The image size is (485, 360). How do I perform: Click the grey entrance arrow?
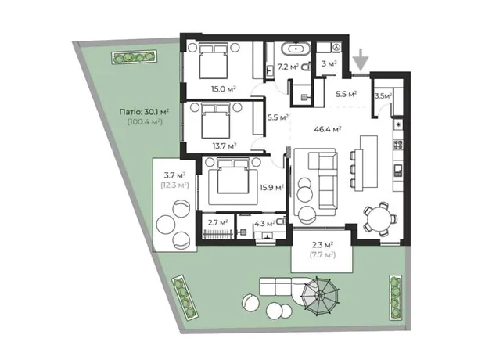[x=361, y=59]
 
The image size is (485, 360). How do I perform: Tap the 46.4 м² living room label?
[x=328, y=129]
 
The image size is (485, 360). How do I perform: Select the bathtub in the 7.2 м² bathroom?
[x=296, y=49]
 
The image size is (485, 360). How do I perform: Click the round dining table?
[x=380, y=218]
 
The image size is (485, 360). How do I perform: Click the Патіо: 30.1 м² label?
[x=144, y=111]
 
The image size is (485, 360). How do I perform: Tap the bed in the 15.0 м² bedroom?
[x=213, y=61]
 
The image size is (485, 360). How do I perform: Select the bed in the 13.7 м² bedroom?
[x=216, y=121]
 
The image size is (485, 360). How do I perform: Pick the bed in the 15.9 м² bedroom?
[x=232, y=175]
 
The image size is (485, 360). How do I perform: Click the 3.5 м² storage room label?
[x=383, y=96]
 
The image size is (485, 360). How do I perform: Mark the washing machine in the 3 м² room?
[x=336, y=47]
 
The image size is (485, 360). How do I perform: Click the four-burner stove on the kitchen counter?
[x=397, y=144]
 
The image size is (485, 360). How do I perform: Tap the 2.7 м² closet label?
[x=218, y=222]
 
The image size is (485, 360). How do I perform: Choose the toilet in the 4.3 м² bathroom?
[x=281, y=221]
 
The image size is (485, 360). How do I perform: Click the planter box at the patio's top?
[x=134, y=57]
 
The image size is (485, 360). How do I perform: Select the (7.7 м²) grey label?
[x=322, y=255]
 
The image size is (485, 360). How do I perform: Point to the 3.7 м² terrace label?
[x=174, y=175]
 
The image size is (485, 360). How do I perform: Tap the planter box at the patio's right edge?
[x=395, y=297]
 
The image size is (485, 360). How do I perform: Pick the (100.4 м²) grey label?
[x=145, y=121]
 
